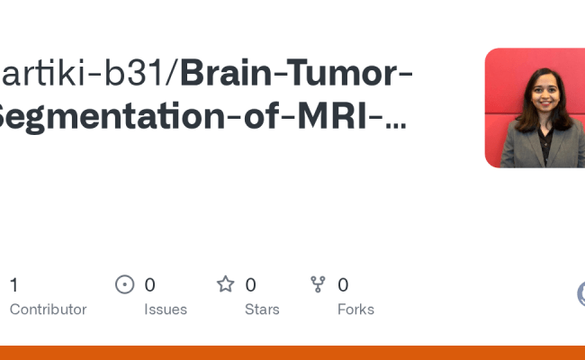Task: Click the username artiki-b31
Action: (x=85, y=75)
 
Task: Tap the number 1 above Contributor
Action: (x=13, y=285)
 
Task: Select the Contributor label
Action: (x=48, y=310)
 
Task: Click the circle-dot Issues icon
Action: (x=125, y=285)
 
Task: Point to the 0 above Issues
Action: (x=149, y=285)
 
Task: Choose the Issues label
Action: (x=166, y=310)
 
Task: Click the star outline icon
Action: (x=225, y=285)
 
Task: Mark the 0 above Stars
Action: (x=250, y=285)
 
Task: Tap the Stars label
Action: (x=262, y=310)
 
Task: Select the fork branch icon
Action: (x=318, y=285)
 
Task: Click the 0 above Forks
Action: (x=343, y=285)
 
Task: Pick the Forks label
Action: (x=355, y=310)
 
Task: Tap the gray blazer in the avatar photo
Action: (x=522, y=151)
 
